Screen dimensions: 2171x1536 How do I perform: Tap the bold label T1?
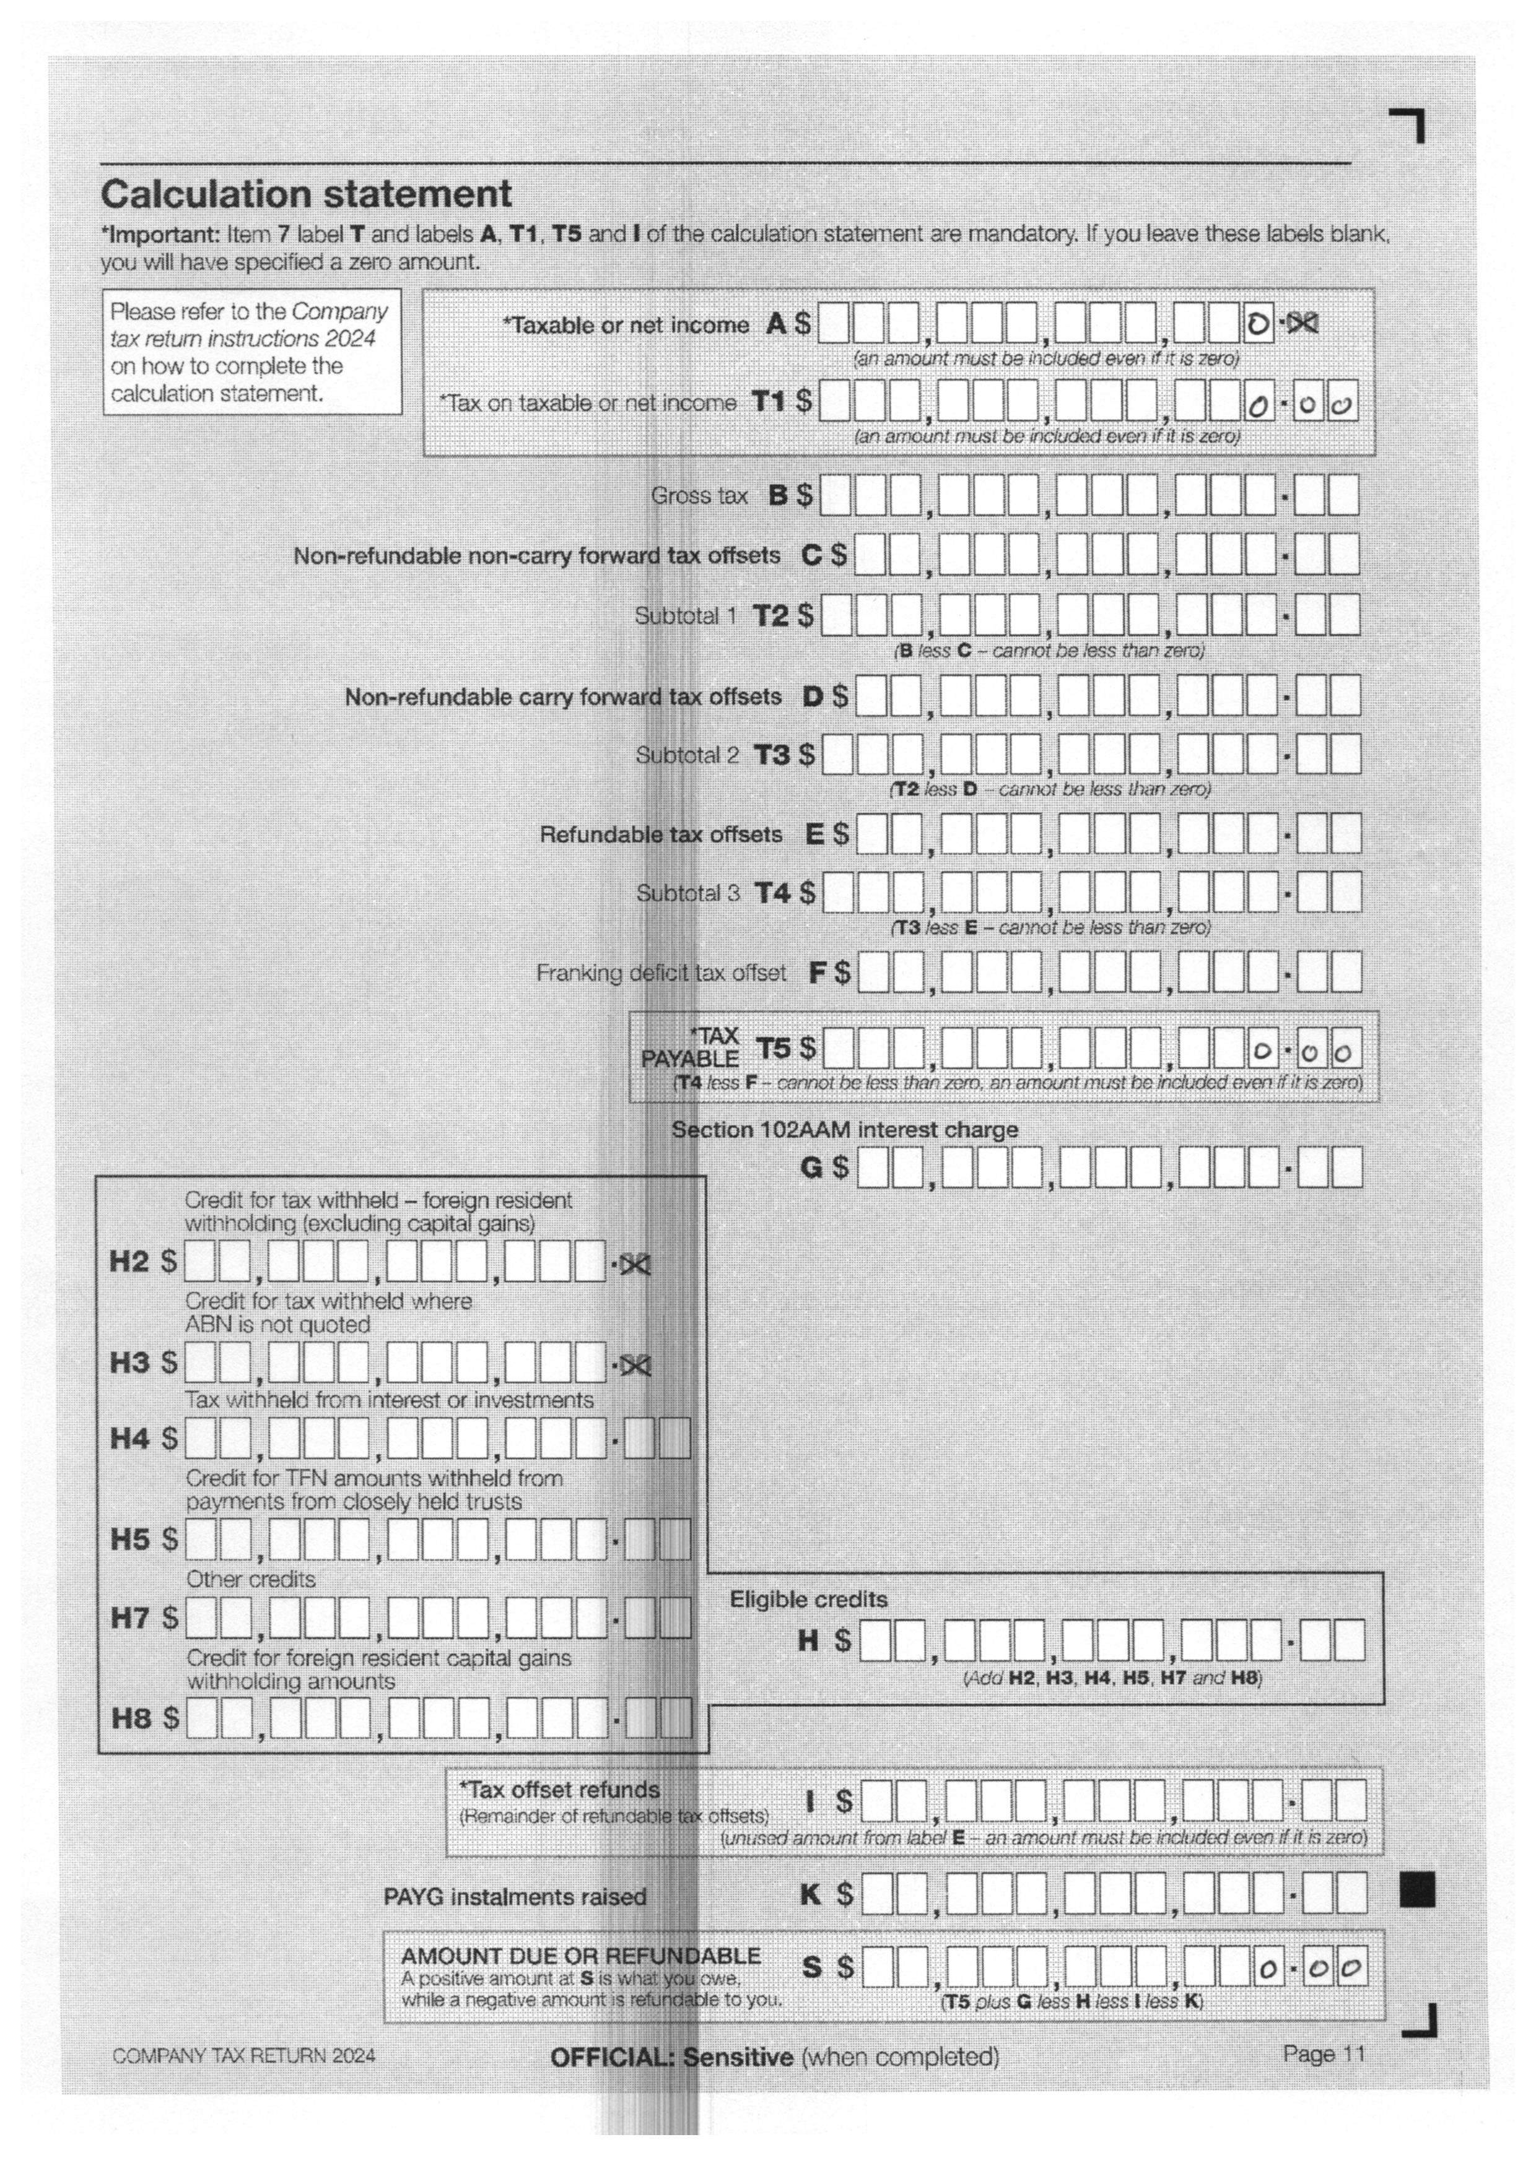pyautogui.click(x=768, y=402)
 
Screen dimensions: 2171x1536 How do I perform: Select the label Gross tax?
pyautogui.click(x=699, y=495)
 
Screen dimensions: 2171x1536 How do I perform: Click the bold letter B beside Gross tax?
pyautogui.click(x=777, y=495)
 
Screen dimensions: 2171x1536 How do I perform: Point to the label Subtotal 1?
pyautogui.click(x=685, y=617)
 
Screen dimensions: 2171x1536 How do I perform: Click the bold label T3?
pyautogui.click(x=771, y=755)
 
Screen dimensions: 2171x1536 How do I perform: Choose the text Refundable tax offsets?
pyautogui.click(x=661, y=835)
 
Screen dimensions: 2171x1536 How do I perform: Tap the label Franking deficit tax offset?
pyautogui.click(x=661, y=973)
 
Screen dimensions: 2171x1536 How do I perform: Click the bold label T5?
pyautogui.click(x=773, y=1049)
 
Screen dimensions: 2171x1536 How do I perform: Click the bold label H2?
pyautogui.click(x=129, y=1262)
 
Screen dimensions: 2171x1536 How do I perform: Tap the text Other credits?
pyautogui.click(x=251, y=1579)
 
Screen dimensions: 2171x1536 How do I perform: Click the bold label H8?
pyautogui.click(x=131, y=1717)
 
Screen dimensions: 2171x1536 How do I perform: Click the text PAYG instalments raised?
pyautogui.click(x=515, y=1897)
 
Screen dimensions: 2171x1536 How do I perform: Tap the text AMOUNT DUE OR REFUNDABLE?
pyautogui.click(x=581, y=1956)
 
